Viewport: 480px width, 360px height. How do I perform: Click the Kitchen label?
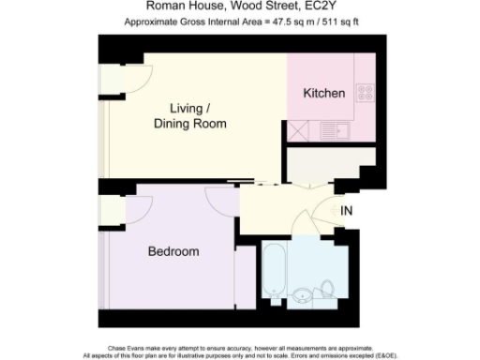325,94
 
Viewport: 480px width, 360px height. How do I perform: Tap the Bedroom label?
173,252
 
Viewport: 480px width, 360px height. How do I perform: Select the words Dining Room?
190,124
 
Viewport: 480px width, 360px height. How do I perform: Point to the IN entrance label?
348,211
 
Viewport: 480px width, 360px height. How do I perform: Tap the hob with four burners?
363,93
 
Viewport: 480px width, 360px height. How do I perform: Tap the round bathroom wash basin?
302,298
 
